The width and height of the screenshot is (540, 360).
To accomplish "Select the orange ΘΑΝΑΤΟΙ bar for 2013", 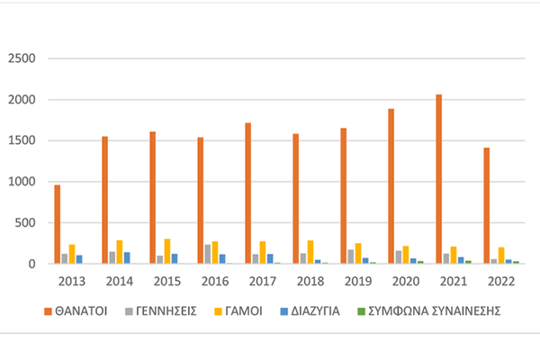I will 58,224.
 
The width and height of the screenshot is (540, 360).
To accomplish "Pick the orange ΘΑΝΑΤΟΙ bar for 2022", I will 487,206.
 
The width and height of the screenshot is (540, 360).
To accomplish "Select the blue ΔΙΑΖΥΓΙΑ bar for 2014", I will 127,257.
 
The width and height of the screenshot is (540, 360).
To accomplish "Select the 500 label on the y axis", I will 25,223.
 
